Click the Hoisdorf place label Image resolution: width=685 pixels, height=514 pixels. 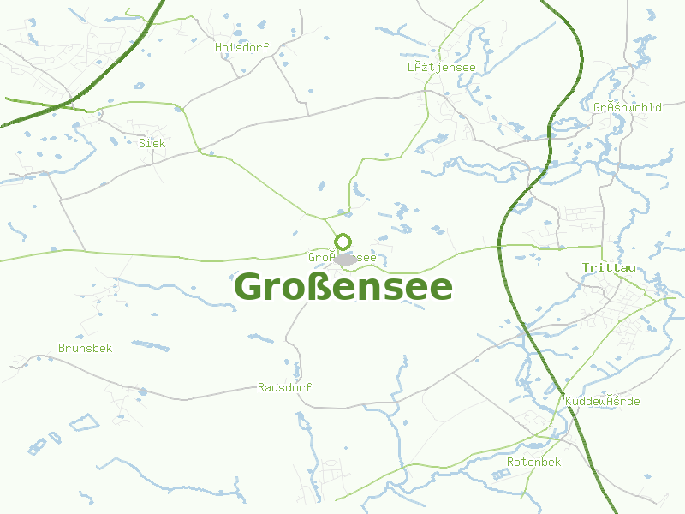click(241, 48)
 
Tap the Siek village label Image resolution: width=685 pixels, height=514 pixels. click(152, 143)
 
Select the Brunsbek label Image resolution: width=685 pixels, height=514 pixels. click(85, 349)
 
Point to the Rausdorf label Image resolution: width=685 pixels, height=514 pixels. click(284, 388)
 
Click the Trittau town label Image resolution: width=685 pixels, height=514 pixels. click(609, 268)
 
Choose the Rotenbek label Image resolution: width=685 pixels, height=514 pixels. click(533, 462)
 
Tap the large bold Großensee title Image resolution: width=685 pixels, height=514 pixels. click(343, 288)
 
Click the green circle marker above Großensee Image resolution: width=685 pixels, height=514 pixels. click(342, 242)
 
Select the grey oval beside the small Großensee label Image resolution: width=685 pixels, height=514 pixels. click(346, 259)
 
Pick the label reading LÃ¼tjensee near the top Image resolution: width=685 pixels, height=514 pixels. click(441, 67)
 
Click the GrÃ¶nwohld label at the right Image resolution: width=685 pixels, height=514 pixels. click(627, 108)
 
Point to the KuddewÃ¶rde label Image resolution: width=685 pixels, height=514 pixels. click(602, 402)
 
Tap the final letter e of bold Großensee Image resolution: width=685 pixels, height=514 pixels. click(441, 290)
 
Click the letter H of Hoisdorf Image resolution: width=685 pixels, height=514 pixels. click(219, 48)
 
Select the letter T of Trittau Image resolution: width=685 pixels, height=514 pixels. click(586, 268)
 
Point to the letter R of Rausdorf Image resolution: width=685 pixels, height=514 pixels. click(261, 388)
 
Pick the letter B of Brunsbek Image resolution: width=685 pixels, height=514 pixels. click(62, 349)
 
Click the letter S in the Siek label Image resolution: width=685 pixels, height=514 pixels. click(142, 143)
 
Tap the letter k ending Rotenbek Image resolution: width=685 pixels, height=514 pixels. click(557, 462)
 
